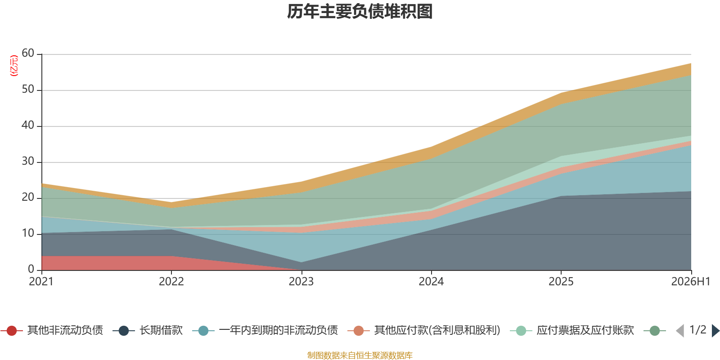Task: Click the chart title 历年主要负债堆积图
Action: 360,12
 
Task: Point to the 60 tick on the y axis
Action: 28,53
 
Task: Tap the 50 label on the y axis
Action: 28,89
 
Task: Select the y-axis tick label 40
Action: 28,125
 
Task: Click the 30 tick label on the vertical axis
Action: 28,161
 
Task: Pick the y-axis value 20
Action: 28,197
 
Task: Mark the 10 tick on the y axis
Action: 28,233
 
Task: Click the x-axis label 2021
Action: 41,282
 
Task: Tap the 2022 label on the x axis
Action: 171,282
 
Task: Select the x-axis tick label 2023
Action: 301,282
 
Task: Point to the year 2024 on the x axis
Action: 431,282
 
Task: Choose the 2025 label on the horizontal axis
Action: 561,282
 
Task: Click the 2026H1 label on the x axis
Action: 690,282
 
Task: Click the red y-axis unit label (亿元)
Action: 14,66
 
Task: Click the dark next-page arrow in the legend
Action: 715,330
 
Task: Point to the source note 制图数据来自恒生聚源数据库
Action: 360,355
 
